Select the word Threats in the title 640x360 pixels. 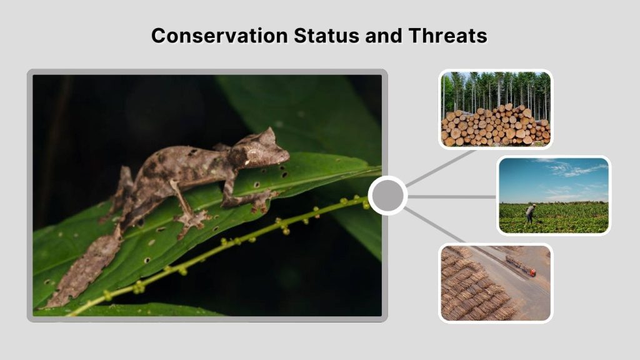tap(447, 36)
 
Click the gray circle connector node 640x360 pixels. tap(387, 196)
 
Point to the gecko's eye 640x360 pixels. tap(251, 154)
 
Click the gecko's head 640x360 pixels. tap(262, 150)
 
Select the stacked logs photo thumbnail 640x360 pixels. tap(495, 109)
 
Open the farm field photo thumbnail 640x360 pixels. tap(553, 195)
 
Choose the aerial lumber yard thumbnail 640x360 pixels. tap(495, 282)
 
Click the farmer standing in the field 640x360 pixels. tap(531, 213)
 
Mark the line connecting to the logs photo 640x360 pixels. tap(441, 167)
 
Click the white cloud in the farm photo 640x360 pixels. tap(578, 169)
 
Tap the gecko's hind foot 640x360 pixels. tap(191, 218)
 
